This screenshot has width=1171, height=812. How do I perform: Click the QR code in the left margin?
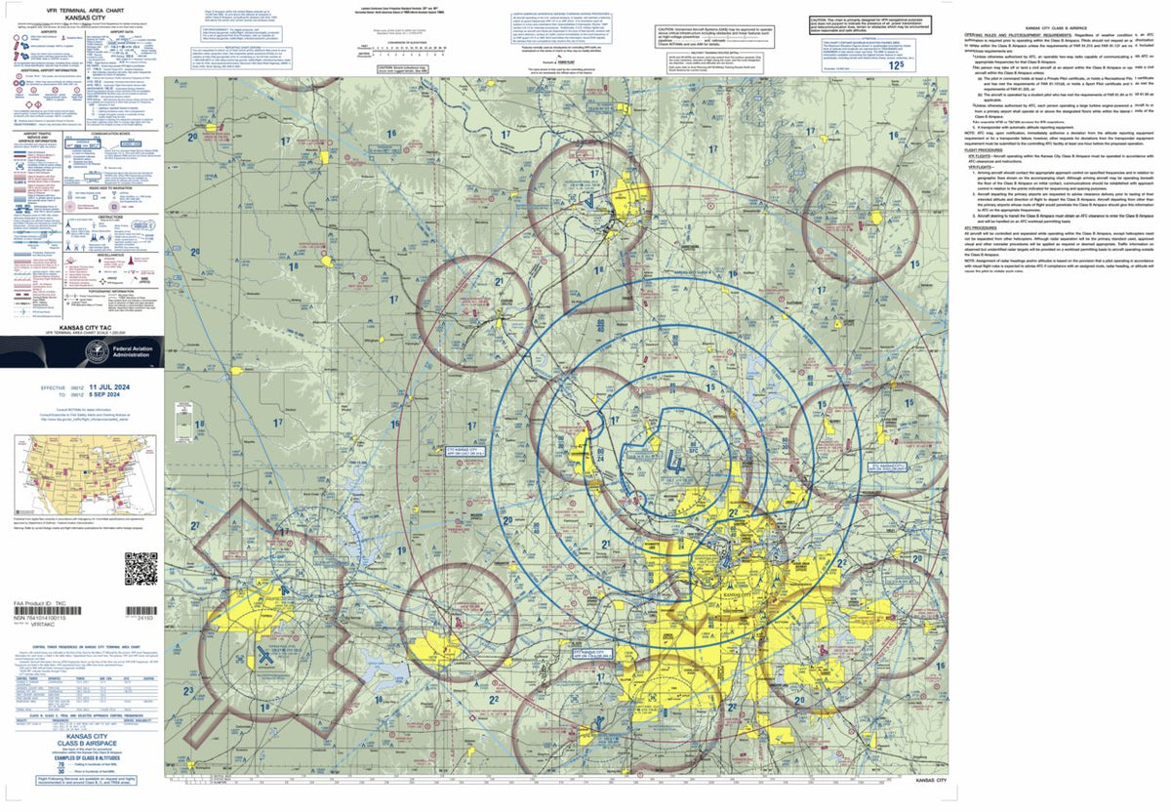tap(141, 568)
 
